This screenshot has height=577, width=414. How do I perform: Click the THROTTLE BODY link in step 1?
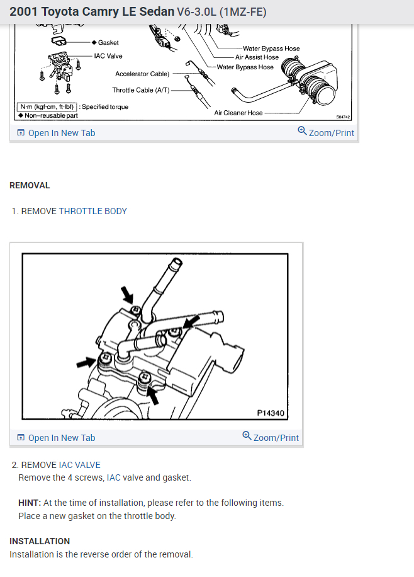(92, 211)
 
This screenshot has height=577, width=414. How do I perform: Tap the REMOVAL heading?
(30, 185)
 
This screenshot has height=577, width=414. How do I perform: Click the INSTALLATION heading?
(40, 541)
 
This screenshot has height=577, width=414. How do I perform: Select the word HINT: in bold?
(30, 503)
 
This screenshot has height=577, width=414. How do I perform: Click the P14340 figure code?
(271, 413)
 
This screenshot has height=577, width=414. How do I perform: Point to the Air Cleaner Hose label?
(238, 113)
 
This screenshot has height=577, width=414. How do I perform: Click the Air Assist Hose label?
(257, 57)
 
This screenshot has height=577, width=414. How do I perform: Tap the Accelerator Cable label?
(142, 74)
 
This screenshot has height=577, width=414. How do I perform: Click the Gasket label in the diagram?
(108, 42)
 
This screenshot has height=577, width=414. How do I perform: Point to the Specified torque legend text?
(105, 106)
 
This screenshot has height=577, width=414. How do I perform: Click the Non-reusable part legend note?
(51, 115)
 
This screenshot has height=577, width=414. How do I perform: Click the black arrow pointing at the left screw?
(84, 362)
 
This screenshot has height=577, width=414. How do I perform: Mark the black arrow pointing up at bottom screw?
(153, 396)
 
